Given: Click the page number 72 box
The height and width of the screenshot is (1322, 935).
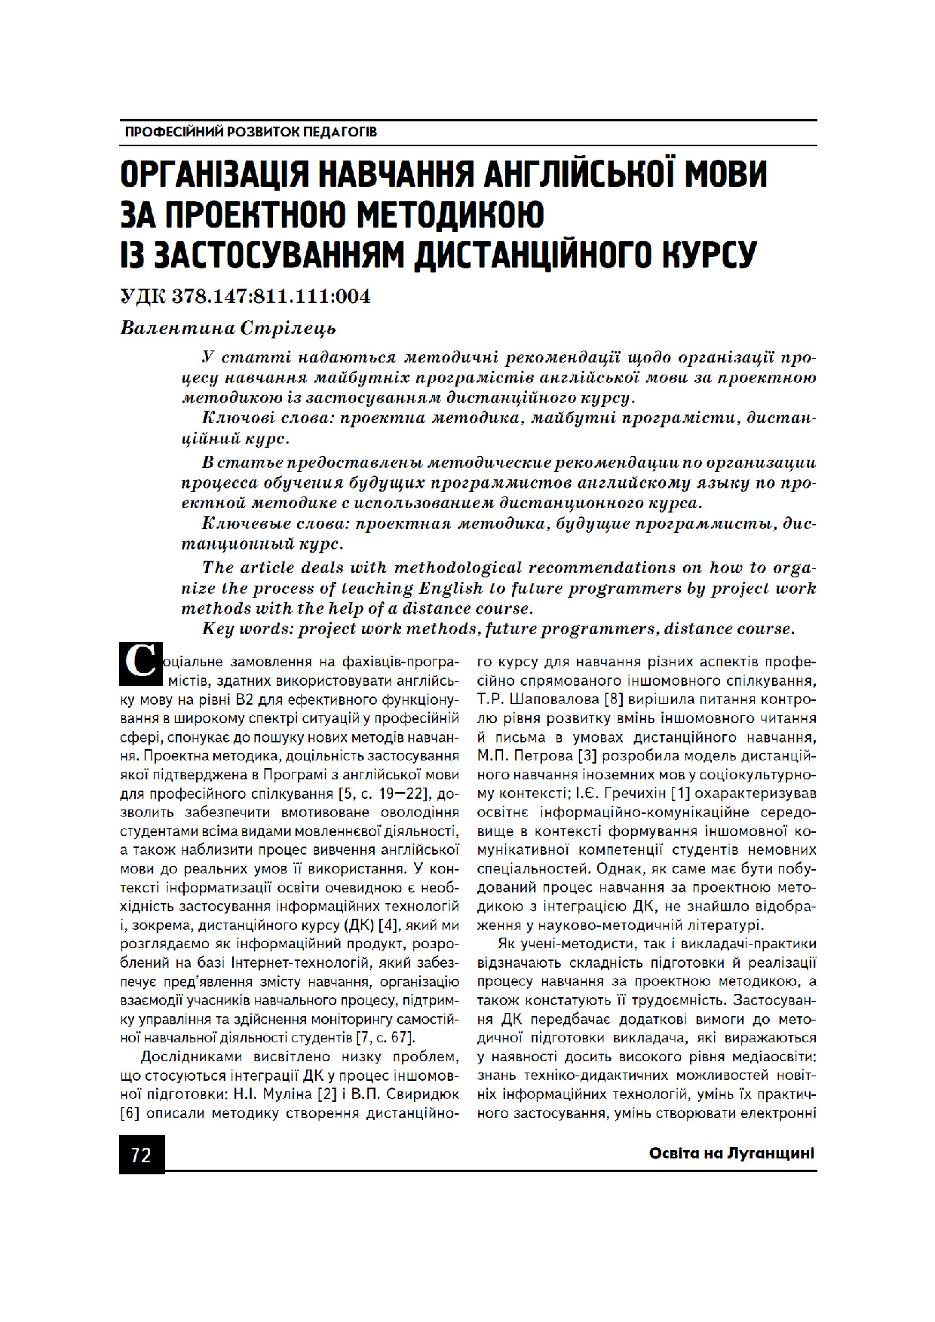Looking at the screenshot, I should click(x=141, y=1155).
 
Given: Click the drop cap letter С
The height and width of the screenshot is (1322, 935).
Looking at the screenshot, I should click(x=140, y=663).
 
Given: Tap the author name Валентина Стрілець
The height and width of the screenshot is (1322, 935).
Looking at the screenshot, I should click(x=228, y=328).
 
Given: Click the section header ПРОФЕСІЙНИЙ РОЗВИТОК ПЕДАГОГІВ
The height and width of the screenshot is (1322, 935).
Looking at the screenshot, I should click(x=251, y=132).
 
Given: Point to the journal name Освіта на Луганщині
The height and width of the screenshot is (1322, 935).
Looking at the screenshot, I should click(x=731, y=1153).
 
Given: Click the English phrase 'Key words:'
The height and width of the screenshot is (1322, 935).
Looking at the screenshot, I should click(x=247, y=629).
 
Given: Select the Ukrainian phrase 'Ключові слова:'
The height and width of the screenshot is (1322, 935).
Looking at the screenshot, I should click(x=267, y=418).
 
